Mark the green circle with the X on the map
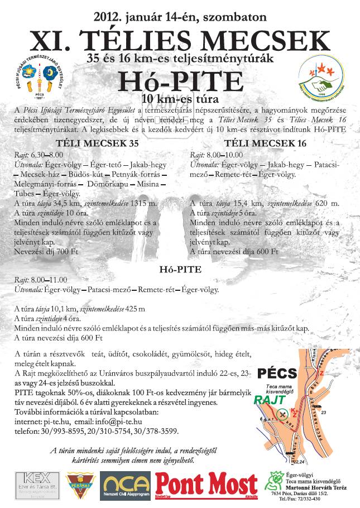(283, 414)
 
